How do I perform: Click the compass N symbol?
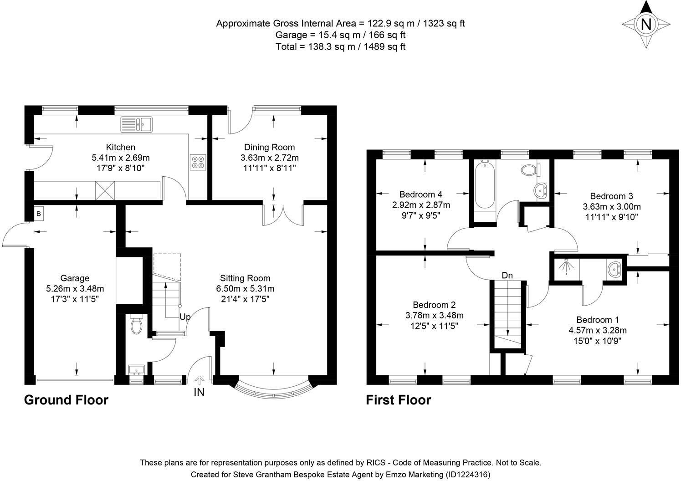(645, 24)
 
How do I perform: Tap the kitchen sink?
(136, 124)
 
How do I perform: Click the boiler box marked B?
(39, 214)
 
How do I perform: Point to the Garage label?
(75, 278)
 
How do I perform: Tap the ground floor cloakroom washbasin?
(136, 369)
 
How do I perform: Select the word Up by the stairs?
(184, 317)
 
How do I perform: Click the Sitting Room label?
(245, 278)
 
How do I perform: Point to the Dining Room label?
(269, 147)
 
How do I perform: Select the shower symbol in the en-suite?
(565, 268)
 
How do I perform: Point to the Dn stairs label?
(507, 276)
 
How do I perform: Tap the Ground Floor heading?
(66, 400)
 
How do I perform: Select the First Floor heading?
(398, 400)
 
